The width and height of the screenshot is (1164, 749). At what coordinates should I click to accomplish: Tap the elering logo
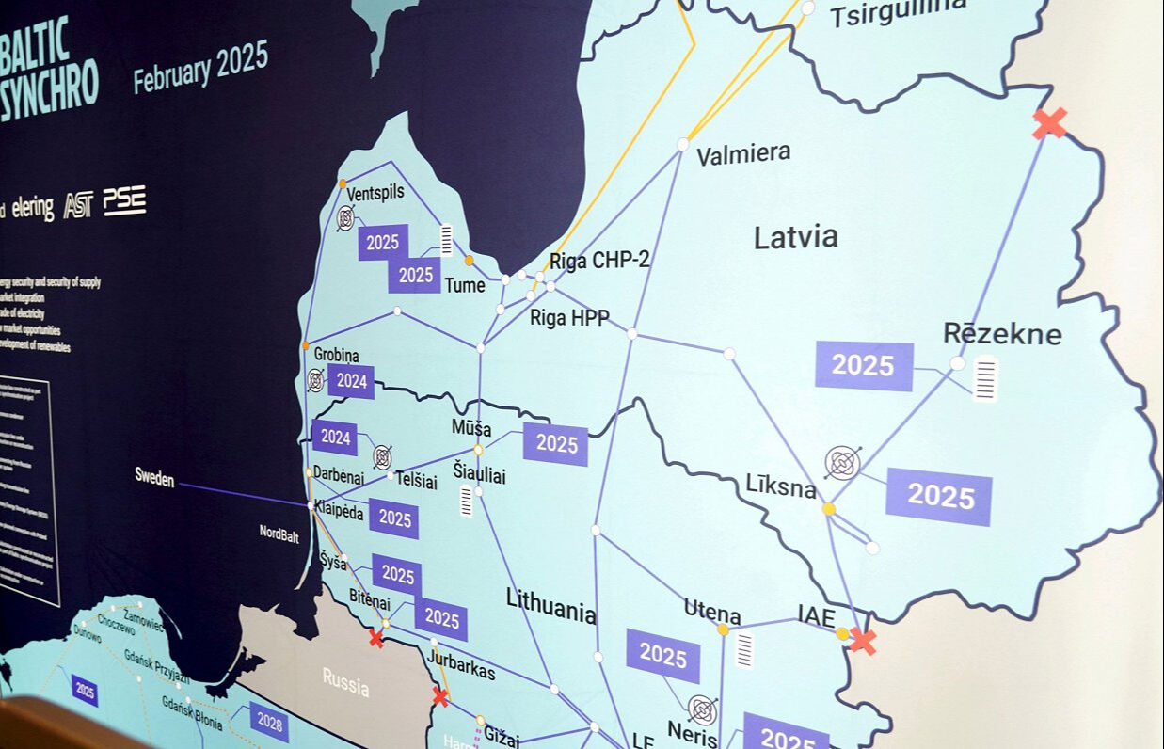33,208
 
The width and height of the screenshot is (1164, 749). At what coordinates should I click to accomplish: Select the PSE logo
124,200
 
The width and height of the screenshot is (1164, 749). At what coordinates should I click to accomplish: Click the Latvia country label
795,237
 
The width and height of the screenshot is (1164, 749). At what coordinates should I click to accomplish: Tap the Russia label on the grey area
345,682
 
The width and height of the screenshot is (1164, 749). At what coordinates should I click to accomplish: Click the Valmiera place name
742,154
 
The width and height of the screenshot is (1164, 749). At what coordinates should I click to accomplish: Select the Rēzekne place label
1001,333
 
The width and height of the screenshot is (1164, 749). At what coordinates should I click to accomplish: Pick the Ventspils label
375,192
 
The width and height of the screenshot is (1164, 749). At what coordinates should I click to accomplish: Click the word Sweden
154,478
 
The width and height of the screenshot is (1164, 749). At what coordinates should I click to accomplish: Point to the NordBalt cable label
279,534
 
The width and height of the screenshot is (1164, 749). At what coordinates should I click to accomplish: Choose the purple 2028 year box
269,722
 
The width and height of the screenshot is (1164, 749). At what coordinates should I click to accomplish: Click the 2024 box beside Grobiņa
351,381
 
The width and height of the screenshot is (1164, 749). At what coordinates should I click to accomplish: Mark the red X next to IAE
862,641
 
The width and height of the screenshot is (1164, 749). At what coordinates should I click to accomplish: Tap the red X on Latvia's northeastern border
1049,123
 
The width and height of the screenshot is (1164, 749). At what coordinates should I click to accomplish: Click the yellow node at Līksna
828,509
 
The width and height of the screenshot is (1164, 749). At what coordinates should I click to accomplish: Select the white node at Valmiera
682,144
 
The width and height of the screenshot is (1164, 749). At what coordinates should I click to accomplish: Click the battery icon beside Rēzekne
984,379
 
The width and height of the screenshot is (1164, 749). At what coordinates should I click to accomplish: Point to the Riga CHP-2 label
599,261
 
